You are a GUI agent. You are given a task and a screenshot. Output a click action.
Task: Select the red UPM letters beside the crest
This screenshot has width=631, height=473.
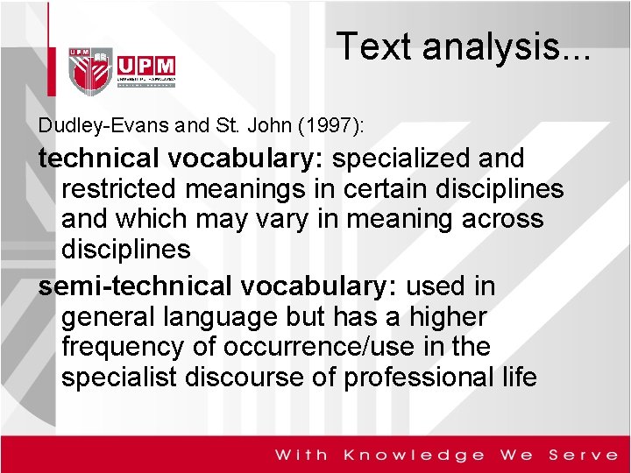[145, 66]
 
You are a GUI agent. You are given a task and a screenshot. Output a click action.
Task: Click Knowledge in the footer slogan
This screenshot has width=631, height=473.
[414, 455]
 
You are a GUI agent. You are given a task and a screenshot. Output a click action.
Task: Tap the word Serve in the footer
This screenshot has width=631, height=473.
[584, 455]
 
